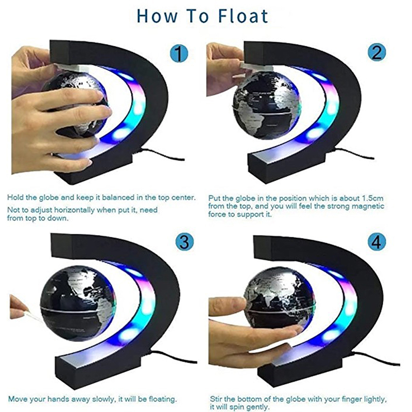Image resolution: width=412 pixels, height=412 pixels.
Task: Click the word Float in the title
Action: point(243,16)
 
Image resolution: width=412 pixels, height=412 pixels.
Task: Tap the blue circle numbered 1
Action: point(179,54)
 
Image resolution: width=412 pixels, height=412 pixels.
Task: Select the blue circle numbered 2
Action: point(377,52)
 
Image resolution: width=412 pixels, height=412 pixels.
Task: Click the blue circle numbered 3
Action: point(185,242)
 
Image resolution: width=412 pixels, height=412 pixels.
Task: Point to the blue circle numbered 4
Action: point(376,242)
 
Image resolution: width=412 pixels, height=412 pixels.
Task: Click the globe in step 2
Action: point(266,105)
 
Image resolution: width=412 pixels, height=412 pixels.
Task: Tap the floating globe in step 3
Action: point(78,303)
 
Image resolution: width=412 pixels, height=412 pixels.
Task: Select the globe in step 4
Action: point(280,298)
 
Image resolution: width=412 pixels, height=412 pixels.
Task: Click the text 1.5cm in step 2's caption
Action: point(372,198)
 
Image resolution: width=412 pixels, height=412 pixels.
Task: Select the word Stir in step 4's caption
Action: point(216,399)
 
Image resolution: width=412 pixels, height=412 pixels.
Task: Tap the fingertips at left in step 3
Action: point(19,306)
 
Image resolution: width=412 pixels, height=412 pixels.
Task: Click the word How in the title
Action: point(157,16)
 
